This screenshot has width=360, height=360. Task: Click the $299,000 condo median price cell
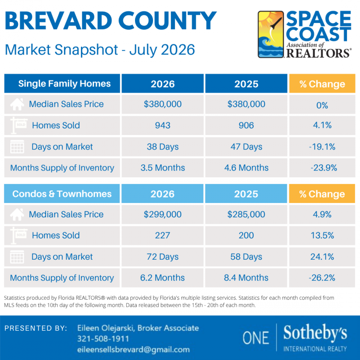click(162, 214)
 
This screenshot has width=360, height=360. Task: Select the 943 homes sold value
click(162, 126)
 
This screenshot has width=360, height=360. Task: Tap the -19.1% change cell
click(322, 147)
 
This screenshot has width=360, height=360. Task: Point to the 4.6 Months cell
click(246, 168)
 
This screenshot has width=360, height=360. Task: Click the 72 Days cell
click(162, 256)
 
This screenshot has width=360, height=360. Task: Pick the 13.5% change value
click(322, 235)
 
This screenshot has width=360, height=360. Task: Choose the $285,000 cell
click(246, 214)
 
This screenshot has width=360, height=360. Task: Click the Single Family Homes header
click(64, 84)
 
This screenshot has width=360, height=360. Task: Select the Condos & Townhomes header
click(62, 194)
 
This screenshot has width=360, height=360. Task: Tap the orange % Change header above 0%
click(322, 84)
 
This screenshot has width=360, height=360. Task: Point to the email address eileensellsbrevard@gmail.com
click(133, 350)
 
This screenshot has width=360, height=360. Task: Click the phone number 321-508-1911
click(103, 339)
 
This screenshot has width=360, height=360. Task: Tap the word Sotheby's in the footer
click(315, 333)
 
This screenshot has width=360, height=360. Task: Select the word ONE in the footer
click(256, 338)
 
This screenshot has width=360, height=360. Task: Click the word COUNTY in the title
click(167, 21)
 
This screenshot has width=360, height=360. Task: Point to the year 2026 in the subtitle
click(178, 49)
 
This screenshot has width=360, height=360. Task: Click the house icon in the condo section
click(17, 215)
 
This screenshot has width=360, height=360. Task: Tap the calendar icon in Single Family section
click(17, 147)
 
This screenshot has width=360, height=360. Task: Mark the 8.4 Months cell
click(246, 278)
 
